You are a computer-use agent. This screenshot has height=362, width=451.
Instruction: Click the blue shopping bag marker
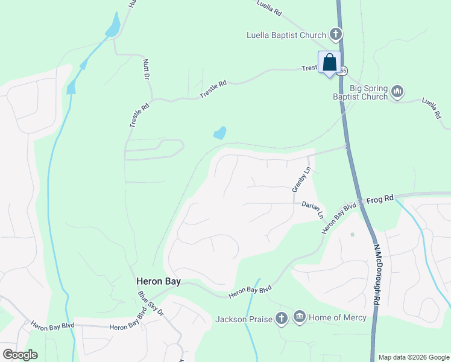(329, 63)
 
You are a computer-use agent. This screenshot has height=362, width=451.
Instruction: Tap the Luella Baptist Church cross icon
(335, 34)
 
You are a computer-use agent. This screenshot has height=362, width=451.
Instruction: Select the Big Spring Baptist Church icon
(397, 92)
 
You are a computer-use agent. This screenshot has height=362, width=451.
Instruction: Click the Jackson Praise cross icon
(281, 317)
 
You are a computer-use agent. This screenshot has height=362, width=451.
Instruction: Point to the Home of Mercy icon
(300, 317)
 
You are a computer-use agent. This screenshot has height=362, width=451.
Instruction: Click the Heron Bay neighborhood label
(159, 281)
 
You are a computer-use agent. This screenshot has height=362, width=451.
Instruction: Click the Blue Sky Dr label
(151, 303)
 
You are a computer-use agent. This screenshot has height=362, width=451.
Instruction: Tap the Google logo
(20, 355)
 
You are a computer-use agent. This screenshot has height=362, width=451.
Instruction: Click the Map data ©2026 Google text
(413, 357)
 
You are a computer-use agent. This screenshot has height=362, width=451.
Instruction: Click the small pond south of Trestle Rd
(220, 132)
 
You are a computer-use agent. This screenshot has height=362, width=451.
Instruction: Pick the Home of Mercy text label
(338, 317)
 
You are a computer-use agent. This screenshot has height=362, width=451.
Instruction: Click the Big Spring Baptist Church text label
(361, 92)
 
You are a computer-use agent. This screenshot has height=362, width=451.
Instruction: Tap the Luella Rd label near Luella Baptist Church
(269, 8)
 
